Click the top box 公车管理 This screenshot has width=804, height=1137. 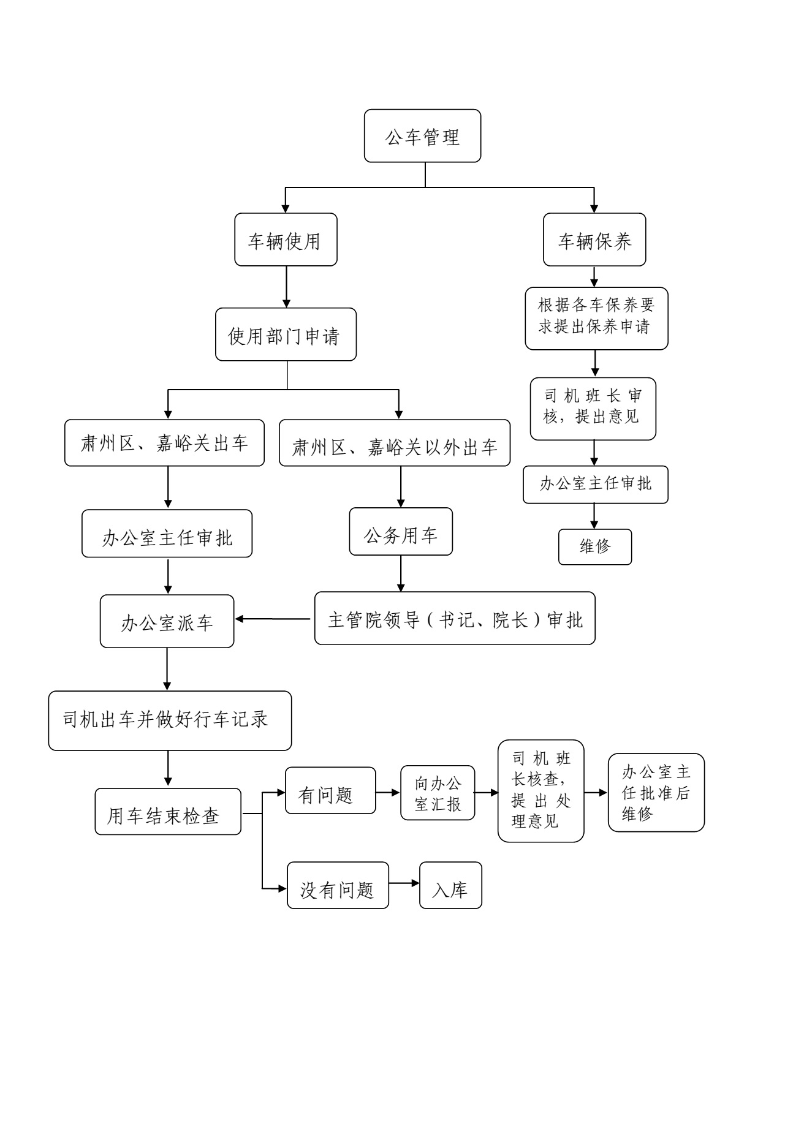click(422, 136)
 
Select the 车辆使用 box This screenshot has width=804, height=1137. click(286, 240)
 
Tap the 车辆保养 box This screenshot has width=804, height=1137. click(594, 240)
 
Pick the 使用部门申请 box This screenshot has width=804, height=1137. click(286, 334)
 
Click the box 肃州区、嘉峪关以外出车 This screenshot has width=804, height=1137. click(395, 443)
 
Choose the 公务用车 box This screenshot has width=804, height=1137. click(401, 532)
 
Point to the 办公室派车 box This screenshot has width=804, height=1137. click(167, 621)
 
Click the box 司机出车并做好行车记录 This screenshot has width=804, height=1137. click(170, 720)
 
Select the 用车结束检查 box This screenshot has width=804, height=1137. click(168, 811)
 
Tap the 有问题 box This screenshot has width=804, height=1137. click(330, 790)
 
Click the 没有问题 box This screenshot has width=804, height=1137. click(338, 885)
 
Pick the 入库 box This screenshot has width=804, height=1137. click(450, 885)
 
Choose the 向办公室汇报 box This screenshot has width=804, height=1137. click(438, 793)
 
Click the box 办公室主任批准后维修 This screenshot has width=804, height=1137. click(656, 792)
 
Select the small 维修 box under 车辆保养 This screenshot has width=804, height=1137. click(594, 546)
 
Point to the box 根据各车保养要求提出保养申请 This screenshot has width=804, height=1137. click(596, 319)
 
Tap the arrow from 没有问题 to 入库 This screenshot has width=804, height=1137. click(404, 883)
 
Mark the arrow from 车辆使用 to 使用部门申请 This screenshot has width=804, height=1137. click(286, 287)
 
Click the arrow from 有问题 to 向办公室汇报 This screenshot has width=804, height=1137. click(388, 793)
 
